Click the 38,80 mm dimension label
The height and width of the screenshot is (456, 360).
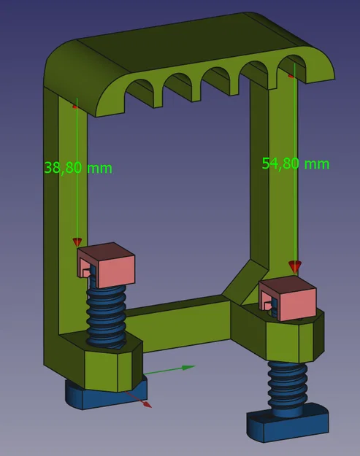(78, 167)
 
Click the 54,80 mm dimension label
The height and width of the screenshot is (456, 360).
(296, 163)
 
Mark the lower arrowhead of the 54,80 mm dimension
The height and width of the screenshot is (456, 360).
(294, 267)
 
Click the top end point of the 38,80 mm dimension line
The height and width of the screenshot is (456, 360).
(75, 107)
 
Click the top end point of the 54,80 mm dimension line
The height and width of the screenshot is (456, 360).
(292, 74)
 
